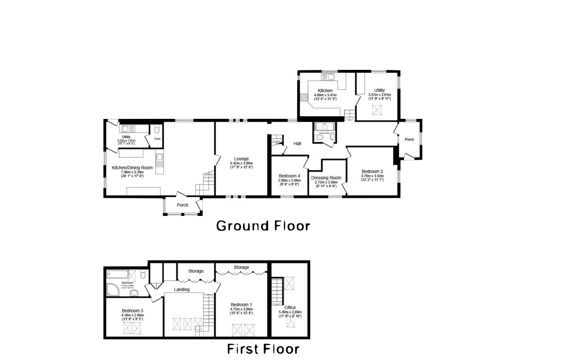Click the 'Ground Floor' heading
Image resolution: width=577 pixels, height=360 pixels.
[x=262, y=226]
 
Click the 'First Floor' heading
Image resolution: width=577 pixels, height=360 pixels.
[x=263, y=349]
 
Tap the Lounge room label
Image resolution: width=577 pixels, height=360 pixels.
[x=241, y=159]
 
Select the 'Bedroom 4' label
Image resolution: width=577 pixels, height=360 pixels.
[x=289, y=176]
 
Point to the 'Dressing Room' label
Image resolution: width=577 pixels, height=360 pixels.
[x=326, y=178]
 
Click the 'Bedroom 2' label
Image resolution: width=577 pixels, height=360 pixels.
[x=372, y=171]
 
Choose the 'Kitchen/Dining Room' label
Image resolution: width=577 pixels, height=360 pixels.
[x=132, y=168]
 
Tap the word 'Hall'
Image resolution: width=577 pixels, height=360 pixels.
[x=297, y=144]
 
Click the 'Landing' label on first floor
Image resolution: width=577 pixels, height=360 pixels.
[x=182, y=290]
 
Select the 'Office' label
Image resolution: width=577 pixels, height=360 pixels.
[x=290, y=308]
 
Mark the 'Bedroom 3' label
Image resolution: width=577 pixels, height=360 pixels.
[x=132, y=311]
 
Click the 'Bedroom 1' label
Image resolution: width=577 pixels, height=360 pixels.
[x=241, y=304]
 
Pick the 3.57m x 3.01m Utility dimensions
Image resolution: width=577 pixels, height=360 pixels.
[x=379, y=97]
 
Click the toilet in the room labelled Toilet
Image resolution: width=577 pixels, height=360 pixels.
[x=157, y=130]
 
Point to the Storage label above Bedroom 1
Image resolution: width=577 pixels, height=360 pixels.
[x=241, y=267]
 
